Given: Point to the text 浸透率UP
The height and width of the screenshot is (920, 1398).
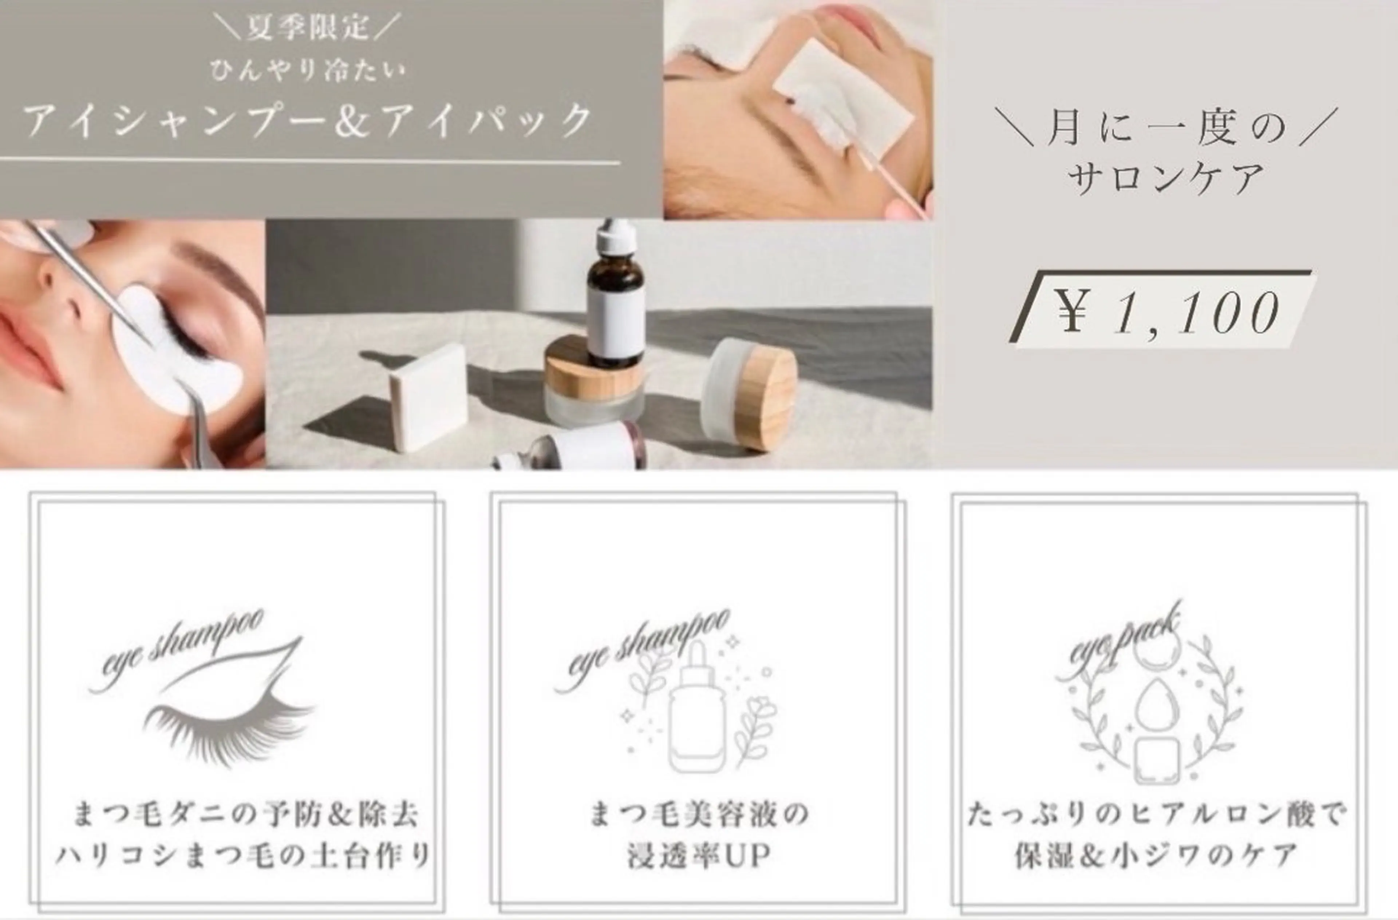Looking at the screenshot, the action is pos(698,856).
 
